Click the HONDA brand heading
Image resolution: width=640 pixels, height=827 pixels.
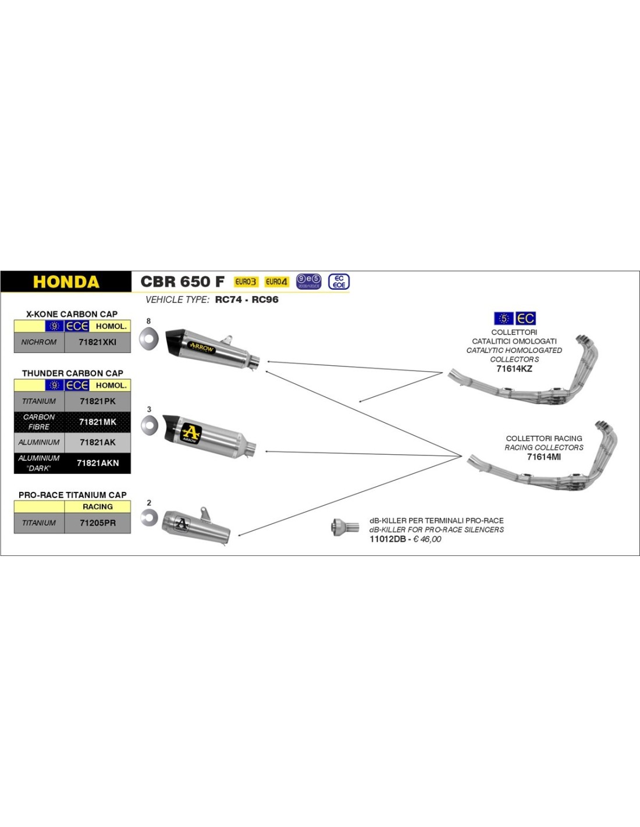(66, 282)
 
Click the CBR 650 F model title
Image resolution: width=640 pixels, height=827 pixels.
(182, 281)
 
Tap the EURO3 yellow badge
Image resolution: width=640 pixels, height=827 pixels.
(246, 281)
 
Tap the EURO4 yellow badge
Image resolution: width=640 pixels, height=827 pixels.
(276, 281)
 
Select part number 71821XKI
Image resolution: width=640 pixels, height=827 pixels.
(97, 342)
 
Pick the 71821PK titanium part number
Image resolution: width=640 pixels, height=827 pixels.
(97, 401)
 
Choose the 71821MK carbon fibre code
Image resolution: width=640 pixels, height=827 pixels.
(97, 422)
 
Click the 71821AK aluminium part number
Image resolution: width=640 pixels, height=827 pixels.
(97, 443)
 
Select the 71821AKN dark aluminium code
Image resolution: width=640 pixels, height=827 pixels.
(97, 463)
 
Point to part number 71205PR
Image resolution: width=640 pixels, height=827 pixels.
(97, 523)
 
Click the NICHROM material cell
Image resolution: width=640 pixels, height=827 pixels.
(39, 342)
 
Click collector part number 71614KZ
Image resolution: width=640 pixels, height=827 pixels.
(514, 369)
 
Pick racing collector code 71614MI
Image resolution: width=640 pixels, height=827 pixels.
(543, 457)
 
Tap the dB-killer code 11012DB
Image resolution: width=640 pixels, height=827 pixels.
(387, 539)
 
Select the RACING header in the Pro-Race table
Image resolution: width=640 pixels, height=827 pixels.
(97, 507)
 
